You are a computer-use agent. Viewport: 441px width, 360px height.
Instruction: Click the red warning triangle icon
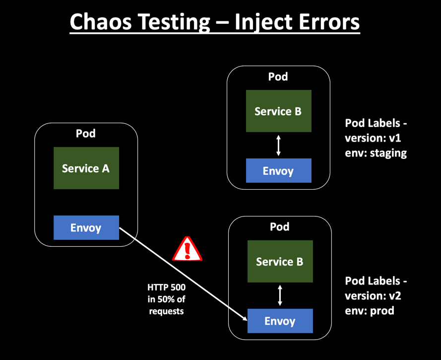[187, 249]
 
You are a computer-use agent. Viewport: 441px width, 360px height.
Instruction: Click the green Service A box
[86, 168]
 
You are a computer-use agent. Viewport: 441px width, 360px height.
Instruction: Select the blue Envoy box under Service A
[86, 228]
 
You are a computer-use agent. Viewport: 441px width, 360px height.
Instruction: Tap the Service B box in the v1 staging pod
[278, 111]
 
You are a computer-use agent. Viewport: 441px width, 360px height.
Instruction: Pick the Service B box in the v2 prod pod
[279, 262]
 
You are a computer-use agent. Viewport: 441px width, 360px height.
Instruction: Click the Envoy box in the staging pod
[278, 171]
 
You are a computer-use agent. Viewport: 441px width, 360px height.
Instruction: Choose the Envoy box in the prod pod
[280, 321]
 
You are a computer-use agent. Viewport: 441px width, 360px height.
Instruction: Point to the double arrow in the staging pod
[278, 145]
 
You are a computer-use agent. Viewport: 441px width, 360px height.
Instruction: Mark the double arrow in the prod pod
[280, 295]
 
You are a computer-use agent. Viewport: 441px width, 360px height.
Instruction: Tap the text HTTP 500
[166, 287]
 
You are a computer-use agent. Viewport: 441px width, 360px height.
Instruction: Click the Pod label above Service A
[86, 134]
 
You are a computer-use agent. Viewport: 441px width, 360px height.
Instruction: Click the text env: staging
[376, 153]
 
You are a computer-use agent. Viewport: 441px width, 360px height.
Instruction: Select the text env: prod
[370, 311]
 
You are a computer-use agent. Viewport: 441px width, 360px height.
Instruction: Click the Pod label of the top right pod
[278, 76]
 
